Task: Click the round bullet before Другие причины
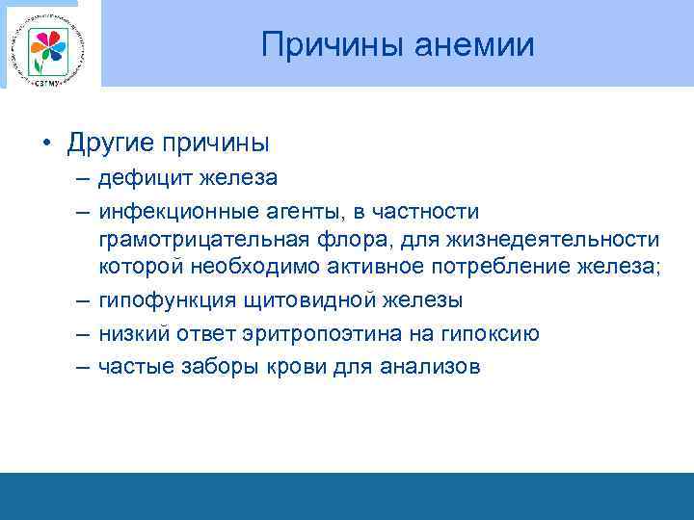point(45,144)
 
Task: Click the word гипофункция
point(158,299)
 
